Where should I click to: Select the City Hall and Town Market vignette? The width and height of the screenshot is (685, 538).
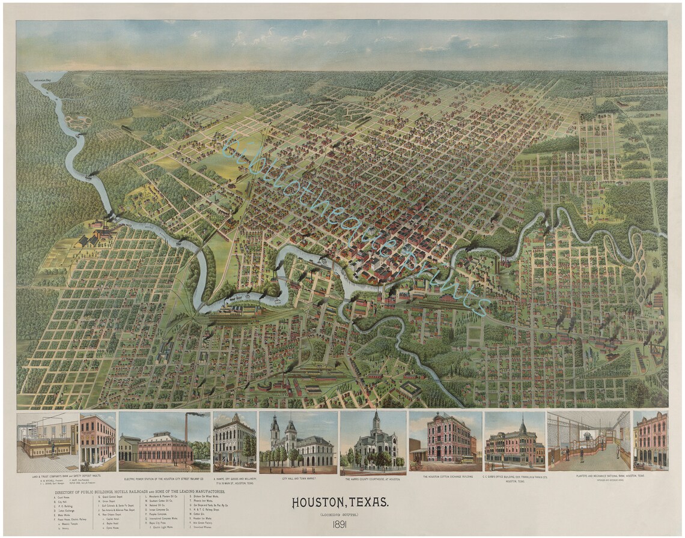298,441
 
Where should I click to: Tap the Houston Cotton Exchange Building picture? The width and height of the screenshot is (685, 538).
446,441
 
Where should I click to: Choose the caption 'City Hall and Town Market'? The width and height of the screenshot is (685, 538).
298,479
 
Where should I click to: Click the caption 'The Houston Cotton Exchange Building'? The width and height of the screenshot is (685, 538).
446,477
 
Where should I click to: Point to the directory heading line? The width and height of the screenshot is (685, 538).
138,492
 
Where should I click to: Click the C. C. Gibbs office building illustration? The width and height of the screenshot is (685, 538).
514,442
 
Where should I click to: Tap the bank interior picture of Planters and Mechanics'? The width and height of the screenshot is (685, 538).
589,441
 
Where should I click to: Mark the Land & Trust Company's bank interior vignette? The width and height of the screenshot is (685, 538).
48,441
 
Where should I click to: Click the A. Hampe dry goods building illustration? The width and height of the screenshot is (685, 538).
234,441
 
